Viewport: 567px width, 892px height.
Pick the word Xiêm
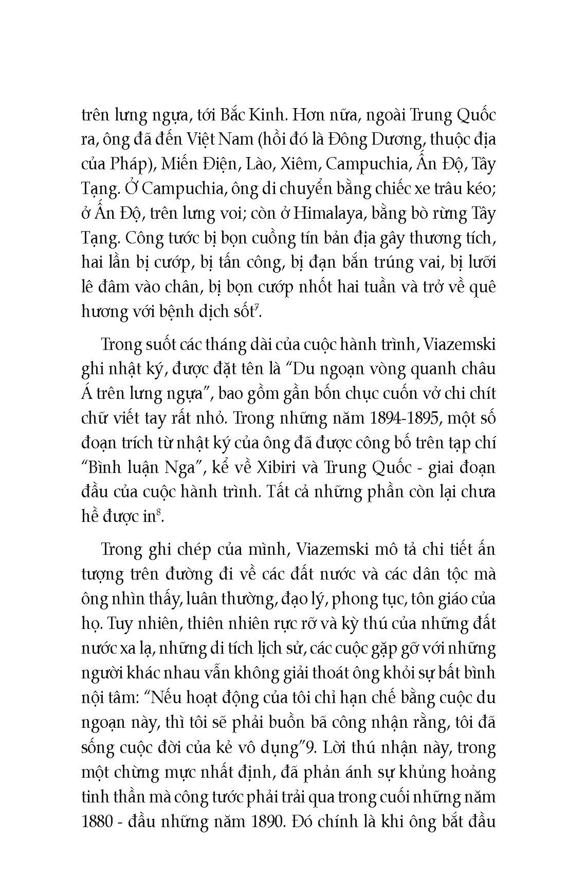point(295,165)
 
